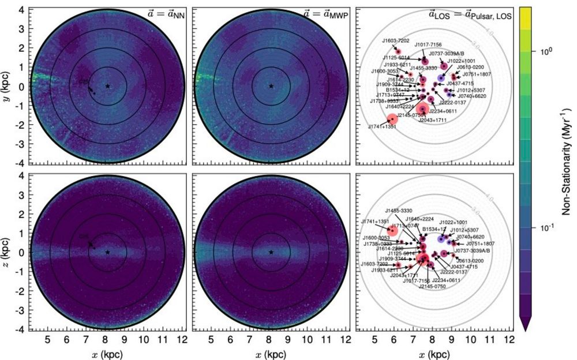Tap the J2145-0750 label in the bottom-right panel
[433, 286]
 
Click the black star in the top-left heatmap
[107, 86]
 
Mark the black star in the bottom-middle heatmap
[271, 252]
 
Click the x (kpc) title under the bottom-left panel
[107, 353]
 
